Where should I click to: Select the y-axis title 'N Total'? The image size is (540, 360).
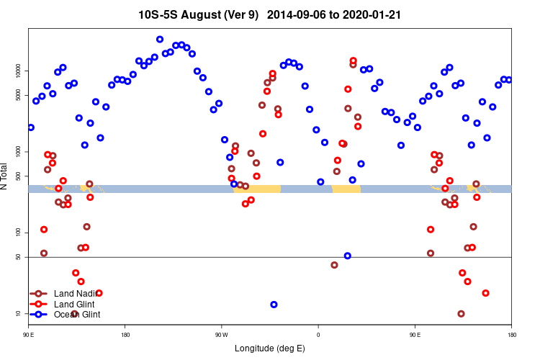tap(6, 176)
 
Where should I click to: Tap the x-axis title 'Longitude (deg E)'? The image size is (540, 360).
tap(270, 348)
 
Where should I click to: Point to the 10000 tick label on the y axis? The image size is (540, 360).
tap(18, 71)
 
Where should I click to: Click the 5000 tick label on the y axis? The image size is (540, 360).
tap(18, 95)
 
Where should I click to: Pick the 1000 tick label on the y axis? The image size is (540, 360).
tap(18, 152)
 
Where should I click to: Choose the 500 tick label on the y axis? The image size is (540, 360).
tap(18, 176)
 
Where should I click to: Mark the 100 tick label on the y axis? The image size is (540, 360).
tap(18, 233)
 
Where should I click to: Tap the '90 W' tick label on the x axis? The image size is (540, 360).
tap(221, 335)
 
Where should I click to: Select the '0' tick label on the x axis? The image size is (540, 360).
tap(318, 335)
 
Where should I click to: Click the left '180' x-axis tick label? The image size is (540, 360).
tap(125, 335)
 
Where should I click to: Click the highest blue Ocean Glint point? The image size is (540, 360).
tap(160, 40)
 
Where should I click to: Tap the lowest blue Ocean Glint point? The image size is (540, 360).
tap(274, 305)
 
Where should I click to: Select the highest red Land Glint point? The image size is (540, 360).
tap(353, 60)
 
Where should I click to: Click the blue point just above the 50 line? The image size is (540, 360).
tap(347, 256)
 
